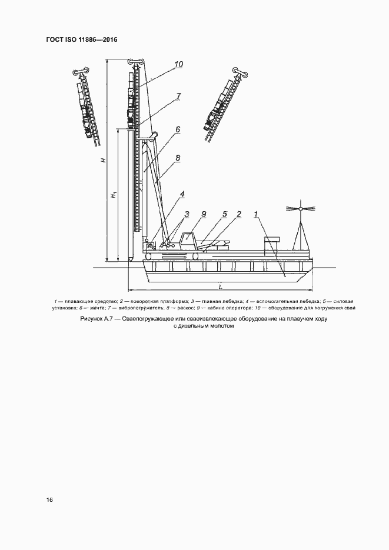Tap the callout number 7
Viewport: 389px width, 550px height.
(x=178, y=96)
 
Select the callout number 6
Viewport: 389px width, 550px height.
(x=177, y=129)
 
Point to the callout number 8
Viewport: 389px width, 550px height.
(x=177, y=158)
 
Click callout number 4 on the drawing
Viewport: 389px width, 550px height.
(x=183, y=194)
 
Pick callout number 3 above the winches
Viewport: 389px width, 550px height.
(x=186, y=214)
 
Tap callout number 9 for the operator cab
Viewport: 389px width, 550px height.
(x=202, y=214)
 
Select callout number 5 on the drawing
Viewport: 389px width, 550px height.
(x=225, y=214)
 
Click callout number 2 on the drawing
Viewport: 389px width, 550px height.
(x=239, y=214)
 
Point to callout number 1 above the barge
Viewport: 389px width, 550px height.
(x=257, y=214)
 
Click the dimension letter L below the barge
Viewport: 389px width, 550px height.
(x=220, y=286)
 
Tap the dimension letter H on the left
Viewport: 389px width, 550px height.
(x=102, y=160)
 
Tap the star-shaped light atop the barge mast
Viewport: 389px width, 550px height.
(x=300, y=208)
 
